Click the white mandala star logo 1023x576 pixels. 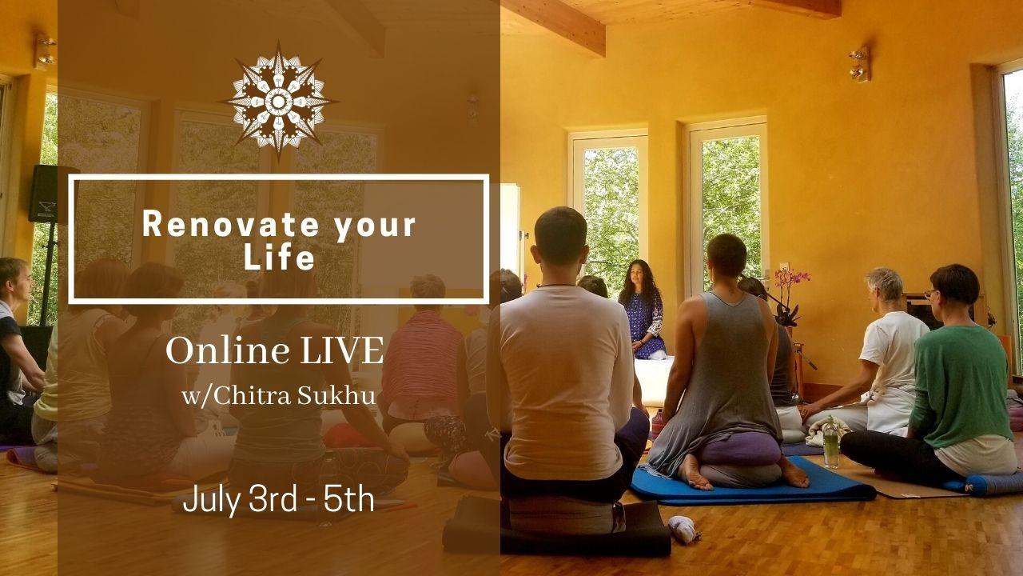pos(278,101)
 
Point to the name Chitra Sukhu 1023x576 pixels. pos(295,396)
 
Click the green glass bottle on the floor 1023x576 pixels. pos(831,442)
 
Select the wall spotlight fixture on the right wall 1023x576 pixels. pos(859,64)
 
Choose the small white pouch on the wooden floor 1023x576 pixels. pos(683,529)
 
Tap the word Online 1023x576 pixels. pos(228,351)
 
